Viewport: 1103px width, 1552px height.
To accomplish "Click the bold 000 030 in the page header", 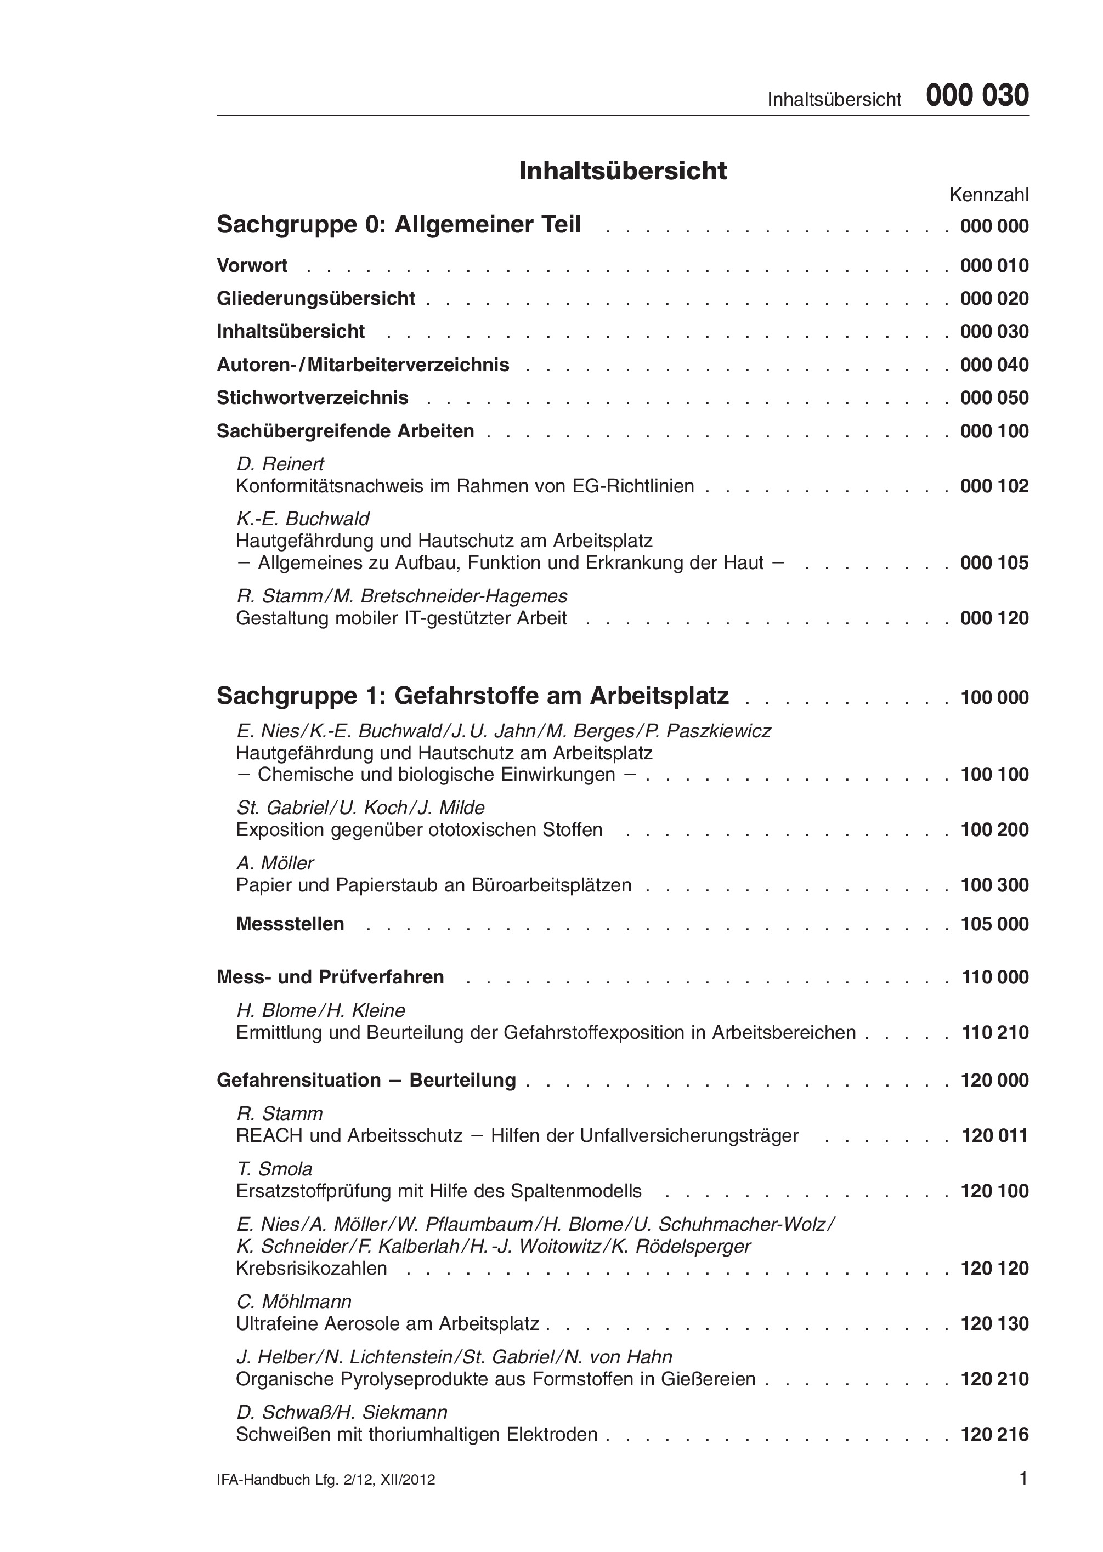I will (x=977, y=96).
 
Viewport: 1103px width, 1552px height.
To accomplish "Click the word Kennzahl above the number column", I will (x=988, y=196).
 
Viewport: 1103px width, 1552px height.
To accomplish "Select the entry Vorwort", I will (x=252, y=265).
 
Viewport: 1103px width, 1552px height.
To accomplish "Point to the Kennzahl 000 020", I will (x=994, y=299).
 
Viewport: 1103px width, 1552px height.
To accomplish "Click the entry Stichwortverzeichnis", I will (x=313, y=398).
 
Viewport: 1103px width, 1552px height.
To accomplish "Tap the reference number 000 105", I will (x=994, y=563).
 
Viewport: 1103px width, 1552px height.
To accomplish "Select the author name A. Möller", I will (x=275, y=863).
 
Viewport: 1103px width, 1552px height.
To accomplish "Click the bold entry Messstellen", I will (x=290, y=924).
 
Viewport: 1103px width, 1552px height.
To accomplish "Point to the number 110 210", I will (x=995, y=1033).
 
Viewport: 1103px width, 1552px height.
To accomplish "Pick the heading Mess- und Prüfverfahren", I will (x=330, y=977).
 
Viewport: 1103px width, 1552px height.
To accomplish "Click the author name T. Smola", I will (x=274, y=1169).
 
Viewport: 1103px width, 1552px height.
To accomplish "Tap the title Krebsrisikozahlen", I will (x=311, y=1268).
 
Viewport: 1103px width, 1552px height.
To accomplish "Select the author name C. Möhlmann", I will (x=293, y=1301).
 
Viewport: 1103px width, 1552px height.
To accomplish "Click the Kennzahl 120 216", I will (x=995, y=1435).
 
